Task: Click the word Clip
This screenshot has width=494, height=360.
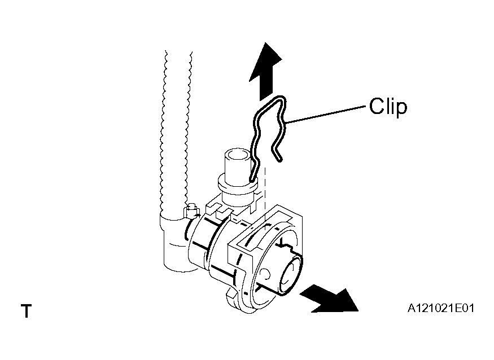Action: (x=388, y=107)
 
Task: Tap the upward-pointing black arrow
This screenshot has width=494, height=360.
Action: (x=265, y=72)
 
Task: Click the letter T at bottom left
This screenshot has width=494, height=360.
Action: (x=27, y=311)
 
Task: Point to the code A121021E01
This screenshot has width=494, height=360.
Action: (x=441, y=308)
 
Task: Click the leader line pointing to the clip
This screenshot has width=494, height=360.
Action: (x=325, y=115)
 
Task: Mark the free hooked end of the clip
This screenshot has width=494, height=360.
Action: (x=277, y=156)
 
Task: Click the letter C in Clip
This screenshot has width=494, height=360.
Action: (x=377, y=107)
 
